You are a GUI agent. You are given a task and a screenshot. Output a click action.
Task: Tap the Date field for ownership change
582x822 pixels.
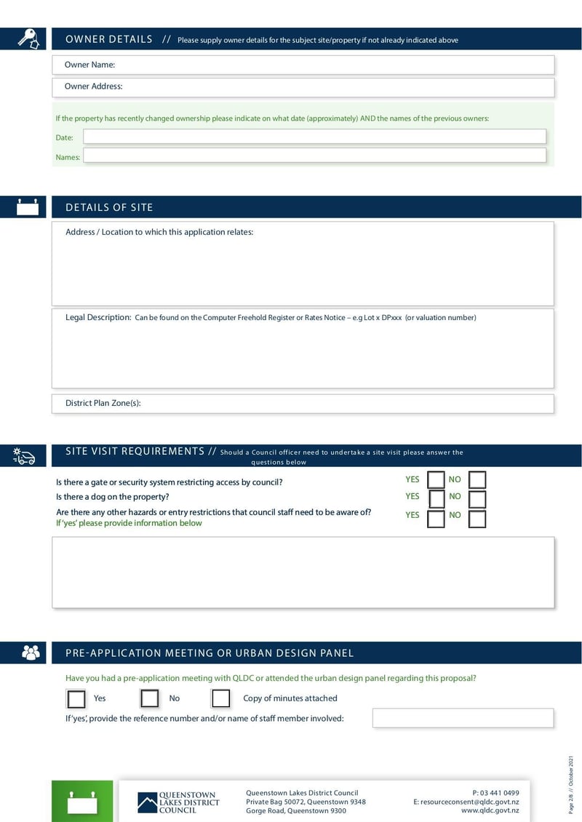[314, 137]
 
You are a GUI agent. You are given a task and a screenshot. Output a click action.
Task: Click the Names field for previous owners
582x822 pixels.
[314, 156]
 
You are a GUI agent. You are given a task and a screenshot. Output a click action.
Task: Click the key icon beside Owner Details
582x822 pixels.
[28, 39]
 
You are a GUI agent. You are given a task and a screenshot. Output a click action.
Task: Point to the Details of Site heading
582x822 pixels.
[109, 207]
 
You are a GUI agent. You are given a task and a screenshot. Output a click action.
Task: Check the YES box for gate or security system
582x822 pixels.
[436, 480]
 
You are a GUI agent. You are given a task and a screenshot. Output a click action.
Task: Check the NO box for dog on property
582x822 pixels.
[477, 499]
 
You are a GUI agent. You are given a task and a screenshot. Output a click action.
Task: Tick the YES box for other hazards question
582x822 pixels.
[436, 519]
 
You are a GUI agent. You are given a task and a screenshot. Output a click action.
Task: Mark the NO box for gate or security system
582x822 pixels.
[477, 480]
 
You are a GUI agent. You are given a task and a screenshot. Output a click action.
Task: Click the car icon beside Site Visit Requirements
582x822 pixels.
[25, 456]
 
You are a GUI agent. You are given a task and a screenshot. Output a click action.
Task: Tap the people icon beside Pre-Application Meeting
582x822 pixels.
[31, 653]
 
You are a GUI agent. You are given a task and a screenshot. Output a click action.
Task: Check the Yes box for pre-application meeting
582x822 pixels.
[76, 699]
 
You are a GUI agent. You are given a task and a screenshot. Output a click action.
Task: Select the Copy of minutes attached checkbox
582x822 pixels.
[220, 699]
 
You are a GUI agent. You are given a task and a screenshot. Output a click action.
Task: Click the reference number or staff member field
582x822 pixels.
[463, 718]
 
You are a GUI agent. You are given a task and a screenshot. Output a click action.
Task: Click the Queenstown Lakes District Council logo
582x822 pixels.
[178, 802]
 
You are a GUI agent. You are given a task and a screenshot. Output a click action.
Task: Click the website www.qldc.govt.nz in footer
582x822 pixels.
[490, 810]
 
